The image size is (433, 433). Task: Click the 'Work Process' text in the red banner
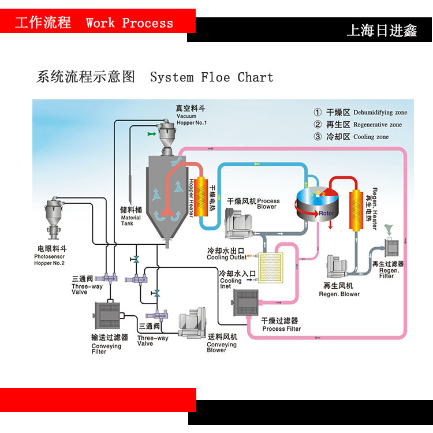click(129, 24)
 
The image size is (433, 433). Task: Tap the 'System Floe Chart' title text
click(211, 77)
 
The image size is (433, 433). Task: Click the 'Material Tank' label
click(130, 217)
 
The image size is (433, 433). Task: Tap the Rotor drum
click(318, 206)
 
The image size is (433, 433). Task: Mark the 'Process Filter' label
click(281, 325)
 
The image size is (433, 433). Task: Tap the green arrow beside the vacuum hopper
click(151, 134)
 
